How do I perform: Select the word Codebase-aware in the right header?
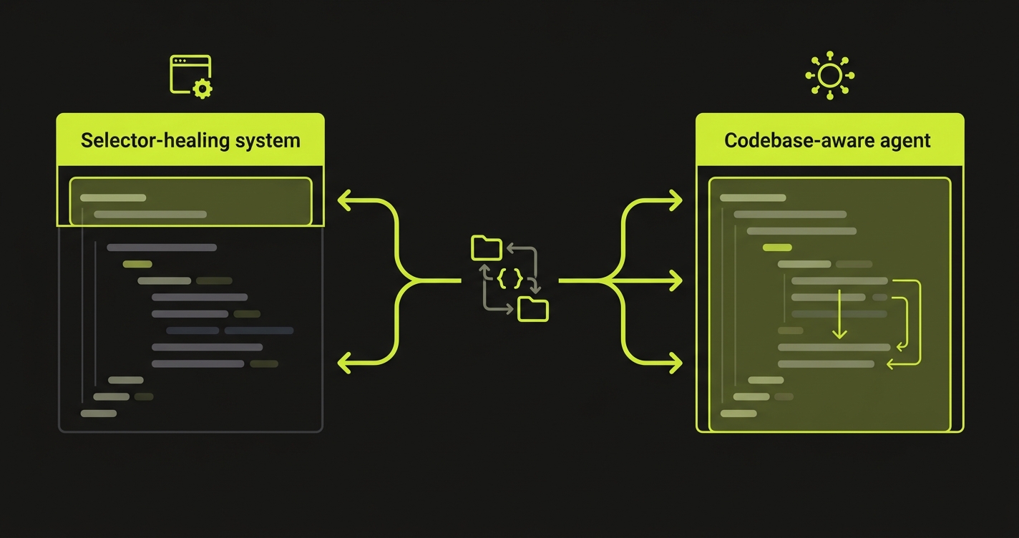click(796, 140)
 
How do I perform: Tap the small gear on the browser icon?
click(203, 89)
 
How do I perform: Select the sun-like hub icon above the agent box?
click(830, 74)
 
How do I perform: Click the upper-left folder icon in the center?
click(487, 248)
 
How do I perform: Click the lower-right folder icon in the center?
click(532, 309)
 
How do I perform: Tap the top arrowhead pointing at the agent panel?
click(675, 201)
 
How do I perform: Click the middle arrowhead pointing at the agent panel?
click(675, 281)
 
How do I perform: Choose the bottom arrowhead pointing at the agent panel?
click(675, 363)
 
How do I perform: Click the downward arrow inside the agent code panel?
click(839, 315)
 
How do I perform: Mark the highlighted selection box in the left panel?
click(190, 201)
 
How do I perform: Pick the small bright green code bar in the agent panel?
click(778, 248)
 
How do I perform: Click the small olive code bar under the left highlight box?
click(137, 264)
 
